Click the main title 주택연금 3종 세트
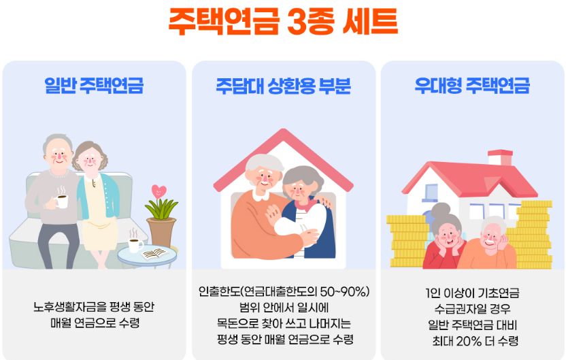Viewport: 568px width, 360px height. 283,22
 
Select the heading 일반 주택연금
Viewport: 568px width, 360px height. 94,86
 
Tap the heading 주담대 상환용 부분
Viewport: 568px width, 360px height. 283,86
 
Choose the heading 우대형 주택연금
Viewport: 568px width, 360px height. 472,86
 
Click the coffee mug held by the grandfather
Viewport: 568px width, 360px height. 62,201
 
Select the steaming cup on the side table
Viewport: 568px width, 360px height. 135,245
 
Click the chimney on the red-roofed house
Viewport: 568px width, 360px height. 500,157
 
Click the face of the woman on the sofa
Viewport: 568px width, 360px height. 90,162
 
